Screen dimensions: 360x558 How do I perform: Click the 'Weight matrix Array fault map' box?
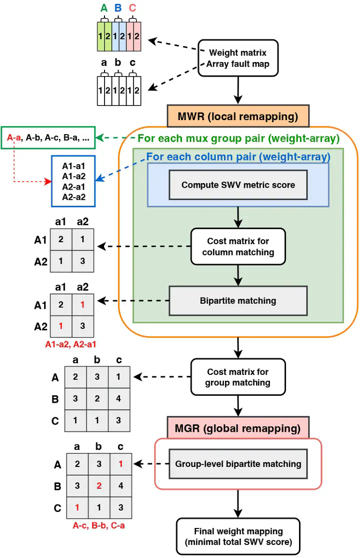[237, 58]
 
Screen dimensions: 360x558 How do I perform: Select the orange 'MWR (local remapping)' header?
[238, 117]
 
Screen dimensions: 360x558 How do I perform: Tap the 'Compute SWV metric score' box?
[238, 185]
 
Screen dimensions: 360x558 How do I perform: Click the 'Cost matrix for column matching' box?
[238, 247]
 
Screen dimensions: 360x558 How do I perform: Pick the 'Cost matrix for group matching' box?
[238, 377]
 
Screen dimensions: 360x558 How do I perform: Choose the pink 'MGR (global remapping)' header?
[238, 428]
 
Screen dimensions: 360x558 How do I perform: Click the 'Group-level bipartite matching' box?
[238, 464]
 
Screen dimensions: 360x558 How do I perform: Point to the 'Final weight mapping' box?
[238, 536]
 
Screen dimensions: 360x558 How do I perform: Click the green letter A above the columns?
[104, 8]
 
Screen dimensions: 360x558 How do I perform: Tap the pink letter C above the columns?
[132, 8]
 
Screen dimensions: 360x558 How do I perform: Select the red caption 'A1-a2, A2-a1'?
[70, 344]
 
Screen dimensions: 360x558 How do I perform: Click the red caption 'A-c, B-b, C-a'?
[99, 525]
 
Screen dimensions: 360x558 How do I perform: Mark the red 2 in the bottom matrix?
[99, 486]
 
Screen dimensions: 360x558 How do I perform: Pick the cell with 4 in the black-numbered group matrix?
[118, 398]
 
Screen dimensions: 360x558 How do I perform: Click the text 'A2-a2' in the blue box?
[74, 197]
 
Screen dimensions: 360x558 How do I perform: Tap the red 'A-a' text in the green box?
[14, 138]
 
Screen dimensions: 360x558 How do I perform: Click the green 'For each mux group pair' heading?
[238, 138]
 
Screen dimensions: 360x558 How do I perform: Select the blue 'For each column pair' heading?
[238, 157]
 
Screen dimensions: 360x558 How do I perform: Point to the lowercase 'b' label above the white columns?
[118, 62]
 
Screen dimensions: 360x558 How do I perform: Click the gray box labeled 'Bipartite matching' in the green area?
[238, 301]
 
